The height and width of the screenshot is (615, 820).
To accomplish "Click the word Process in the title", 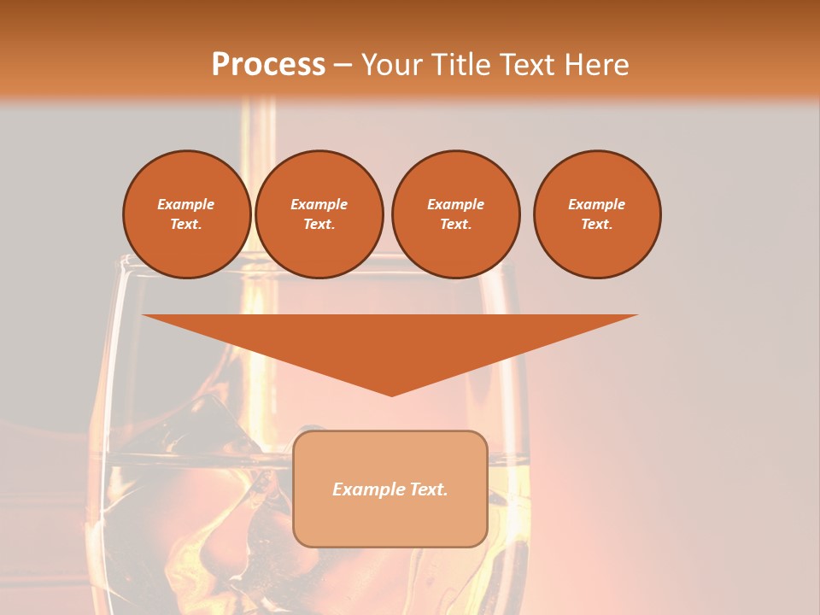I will pyautogui.click(x=268, y=65).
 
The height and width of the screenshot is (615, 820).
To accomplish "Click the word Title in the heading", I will pyautogui.click(x=460, y=65).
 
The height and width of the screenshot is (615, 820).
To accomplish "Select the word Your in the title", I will pyautogui.click(x=392, y=65).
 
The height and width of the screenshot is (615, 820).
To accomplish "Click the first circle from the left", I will pyautogui.click(x=186, y=214).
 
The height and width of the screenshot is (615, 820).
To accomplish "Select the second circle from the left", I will pyautogui.click(x=319, y=214).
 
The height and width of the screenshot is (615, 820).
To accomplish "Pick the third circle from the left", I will pyautogui.click(x=455, y=214).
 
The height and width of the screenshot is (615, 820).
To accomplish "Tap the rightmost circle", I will pyautogui.click(x=597, y=214).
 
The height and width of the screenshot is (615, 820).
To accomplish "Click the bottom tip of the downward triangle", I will pyautogui.click(x=391, y=394).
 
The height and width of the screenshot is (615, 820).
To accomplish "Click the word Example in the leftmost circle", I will pyautogui.click(x=186, y=204).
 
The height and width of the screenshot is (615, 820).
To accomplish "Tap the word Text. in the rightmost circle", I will pyautogui.click(x=597, y=224).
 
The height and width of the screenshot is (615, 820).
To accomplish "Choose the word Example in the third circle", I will pyautogui.click(x=455, y=204).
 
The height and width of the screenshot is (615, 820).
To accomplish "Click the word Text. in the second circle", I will pyautogui.click(x=319, y=224).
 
